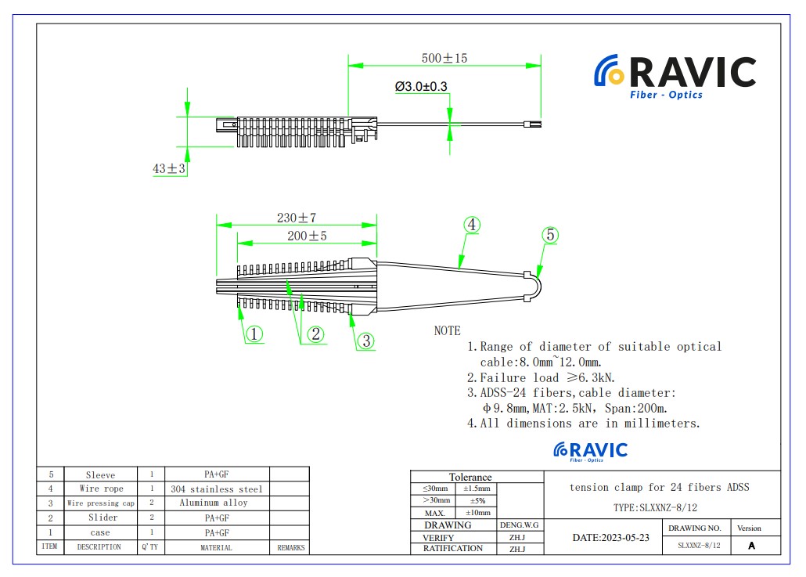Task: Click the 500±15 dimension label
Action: (444, 59)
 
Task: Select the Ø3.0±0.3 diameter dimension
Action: (421, 87)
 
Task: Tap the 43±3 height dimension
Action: (169, 168)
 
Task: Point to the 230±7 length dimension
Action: (296, 218)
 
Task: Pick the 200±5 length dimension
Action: (307, 236)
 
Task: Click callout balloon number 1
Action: (254, 334)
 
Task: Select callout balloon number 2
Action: (315, 334)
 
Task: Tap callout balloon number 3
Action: (366, 341)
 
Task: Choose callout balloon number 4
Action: (471, 224)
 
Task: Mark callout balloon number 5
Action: (550, 234)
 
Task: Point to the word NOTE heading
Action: (448, 331)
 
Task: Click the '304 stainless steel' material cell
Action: (217, 489)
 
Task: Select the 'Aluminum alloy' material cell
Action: (213, 503)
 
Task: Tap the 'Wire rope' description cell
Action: (102, 489)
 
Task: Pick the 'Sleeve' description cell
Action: (100, 474)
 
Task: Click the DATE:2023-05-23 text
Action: (610, 538)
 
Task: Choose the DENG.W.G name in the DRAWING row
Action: (519, 525)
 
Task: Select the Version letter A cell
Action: (752, 546)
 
